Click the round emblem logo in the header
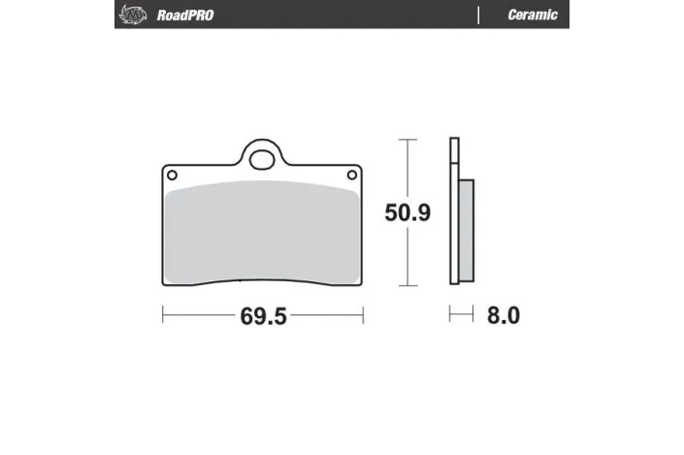click(129, 15)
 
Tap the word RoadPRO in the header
click(185, 15)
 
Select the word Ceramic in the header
click(532, 15)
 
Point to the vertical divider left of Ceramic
click(478, 15)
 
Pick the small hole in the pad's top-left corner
click(173, 175)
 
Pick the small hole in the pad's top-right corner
click(351, 175)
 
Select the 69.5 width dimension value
click(262, 316)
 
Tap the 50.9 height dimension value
click(407, 212)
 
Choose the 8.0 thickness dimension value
click(504, 316)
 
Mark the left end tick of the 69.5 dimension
click(162, 315)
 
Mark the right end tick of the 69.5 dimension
click(363, 315)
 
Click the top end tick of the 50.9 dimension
click(407, 139)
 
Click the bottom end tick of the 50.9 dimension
click(407, 286)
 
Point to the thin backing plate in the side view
click(452, 212)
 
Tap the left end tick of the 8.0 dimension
click(449, 315)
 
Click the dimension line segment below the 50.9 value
click(407, 257)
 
